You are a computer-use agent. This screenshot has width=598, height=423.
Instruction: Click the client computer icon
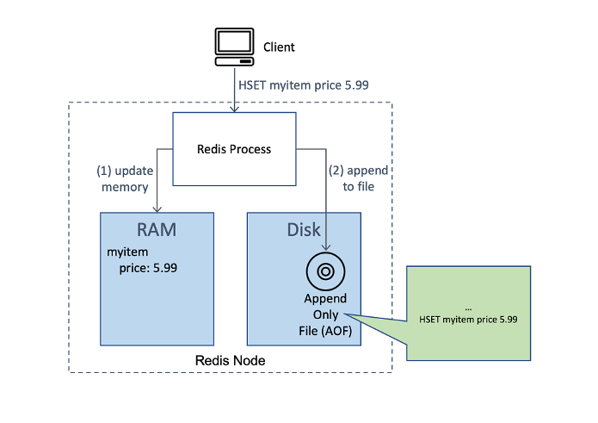tap(234, 47)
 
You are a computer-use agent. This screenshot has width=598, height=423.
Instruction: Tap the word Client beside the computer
tap(279, 47)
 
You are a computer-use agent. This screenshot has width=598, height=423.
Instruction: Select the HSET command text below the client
tap(304, 85)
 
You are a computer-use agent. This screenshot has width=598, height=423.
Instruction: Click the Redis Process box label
tap(234, 149)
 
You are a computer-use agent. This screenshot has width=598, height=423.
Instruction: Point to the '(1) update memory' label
tap(125, 178)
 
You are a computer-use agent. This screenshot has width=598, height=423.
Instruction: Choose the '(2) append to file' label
tap(358, 178)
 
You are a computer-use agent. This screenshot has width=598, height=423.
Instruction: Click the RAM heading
tap(157, 230)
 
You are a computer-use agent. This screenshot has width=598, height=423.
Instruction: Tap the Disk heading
tap(304, 230)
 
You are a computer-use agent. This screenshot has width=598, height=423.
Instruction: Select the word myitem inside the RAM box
tap(127, 252)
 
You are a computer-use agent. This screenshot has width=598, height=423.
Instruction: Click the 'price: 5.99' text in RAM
tap(148, 268)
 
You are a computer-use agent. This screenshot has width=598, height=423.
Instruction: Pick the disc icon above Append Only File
tap(325, 271)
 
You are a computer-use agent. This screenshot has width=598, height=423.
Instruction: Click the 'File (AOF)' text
tap(325, 331)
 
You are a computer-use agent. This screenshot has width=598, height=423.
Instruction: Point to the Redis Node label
tap(230, 360)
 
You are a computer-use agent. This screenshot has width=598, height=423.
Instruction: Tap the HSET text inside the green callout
tap(468, 320)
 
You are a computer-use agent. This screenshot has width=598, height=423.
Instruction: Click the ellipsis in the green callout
tap(468, 309)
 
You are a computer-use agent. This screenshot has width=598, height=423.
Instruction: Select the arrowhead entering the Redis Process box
tap(234, 109)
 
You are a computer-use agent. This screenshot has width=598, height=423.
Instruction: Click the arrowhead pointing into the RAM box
tap(157, 209)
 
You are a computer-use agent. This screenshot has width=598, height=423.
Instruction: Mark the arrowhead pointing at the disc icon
tap(326, 247)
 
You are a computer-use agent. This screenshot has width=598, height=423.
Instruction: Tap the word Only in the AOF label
tap(325, 315)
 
